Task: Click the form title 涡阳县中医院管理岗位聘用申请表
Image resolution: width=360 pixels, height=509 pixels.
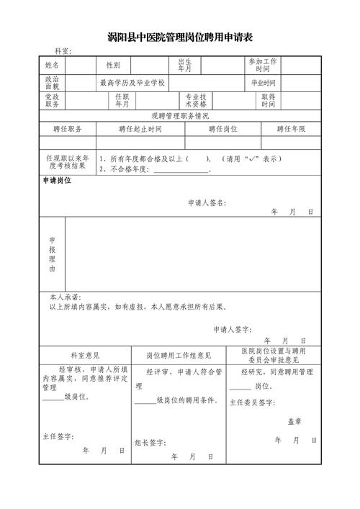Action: click(180, 37)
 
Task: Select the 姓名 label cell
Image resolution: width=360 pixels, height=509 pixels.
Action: click(52, 66)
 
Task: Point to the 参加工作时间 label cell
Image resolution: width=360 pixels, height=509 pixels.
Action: click(263, 66)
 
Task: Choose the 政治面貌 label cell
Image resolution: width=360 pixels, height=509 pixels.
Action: click(52, 83)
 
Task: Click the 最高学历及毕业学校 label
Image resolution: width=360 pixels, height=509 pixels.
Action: click(132, 83)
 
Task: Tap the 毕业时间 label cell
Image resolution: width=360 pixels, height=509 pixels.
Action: click(263, 83)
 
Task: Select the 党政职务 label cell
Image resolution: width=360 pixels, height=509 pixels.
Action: click(52, 100)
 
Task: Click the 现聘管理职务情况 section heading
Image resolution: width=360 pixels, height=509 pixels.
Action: click(180, 115)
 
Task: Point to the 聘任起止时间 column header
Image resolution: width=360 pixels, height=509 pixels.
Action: click(140, 129)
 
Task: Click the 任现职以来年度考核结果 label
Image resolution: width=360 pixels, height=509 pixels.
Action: click(67, 162)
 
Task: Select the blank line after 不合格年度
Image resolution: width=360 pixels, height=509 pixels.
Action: click(180, 170)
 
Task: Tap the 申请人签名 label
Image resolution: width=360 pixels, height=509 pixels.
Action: click(206, 204)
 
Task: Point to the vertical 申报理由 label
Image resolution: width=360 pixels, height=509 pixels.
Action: click(52, 253)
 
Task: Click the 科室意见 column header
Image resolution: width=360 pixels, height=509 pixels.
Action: click(85, 355)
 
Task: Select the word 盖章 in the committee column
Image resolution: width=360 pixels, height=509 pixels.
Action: click(294, 421)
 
